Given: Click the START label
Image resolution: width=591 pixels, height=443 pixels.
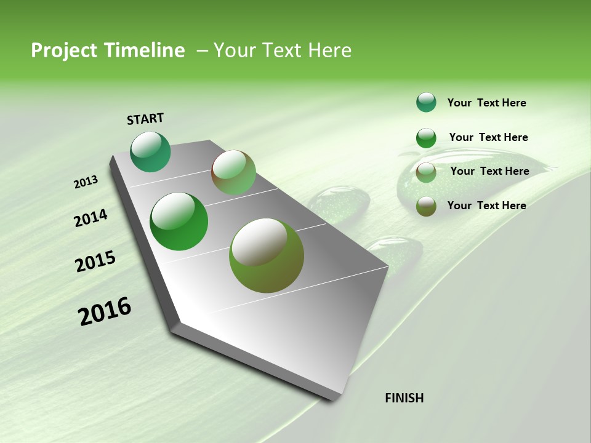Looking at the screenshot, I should coord(145,119).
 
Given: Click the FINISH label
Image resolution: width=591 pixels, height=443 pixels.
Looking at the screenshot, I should coord(404,398).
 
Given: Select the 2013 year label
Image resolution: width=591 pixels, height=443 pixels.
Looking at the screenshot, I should coord(86,182).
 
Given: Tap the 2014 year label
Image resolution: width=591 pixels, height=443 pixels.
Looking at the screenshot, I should coord(90,218).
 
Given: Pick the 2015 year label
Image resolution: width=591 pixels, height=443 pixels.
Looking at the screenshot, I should coord(95,261).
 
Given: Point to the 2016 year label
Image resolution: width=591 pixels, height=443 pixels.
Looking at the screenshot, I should coord(105,311).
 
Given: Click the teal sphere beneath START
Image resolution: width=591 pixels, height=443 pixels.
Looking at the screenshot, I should coord(151,152).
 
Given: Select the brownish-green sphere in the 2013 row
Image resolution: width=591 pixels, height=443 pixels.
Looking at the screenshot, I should coord(233,172).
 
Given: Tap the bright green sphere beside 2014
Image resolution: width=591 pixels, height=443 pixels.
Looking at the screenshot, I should coord(179,221).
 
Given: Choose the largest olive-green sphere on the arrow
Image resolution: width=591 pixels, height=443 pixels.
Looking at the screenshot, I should coord(267,255).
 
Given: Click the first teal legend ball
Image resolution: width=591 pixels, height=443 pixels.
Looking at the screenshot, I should coord(426,102).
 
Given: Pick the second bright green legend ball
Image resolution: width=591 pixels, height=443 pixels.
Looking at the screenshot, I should coord(426,138).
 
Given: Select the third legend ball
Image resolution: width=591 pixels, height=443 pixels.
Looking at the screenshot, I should coord(426,172).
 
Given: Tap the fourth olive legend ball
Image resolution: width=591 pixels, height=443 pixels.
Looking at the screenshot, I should coord(426,206).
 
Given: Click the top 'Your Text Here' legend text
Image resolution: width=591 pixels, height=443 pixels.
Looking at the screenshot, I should coord(486,103).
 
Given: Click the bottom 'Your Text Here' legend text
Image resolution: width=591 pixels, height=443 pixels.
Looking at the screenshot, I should coord(486,206).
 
